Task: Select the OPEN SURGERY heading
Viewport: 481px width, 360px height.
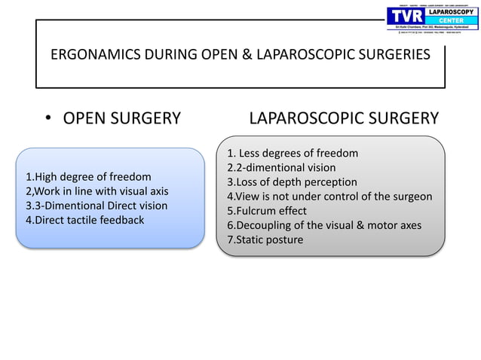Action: [121, 118]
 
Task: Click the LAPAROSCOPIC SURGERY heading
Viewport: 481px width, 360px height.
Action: [344, 118]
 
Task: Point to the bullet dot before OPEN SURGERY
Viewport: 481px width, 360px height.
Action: [47, 119]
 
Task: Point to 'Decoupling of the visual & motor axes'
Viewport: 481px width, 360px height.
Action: [324, 225]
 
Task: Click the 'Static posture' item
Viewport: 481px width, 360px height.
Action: [265, 239]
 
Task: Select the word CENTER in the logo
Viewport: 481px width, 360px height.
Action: [449, 22]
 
